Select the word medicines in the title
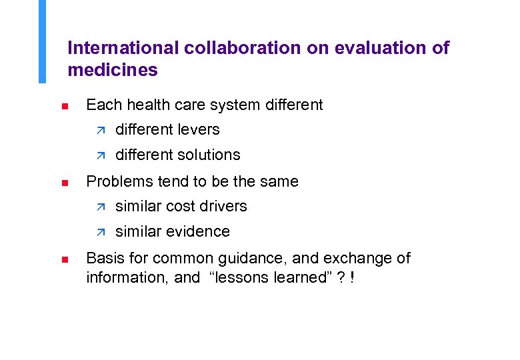(x=113, y=69)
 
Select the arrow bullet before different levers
(x=101, y=130)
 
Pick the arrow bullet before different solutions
(x=101, y=155)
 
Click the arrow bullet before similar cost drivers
(x=101, y=207)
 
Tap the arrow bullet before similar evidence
(x=101, y=232)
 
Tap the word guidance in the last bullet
(x=257, y=258)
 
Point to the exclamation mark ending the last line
(x=351, y=277)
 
